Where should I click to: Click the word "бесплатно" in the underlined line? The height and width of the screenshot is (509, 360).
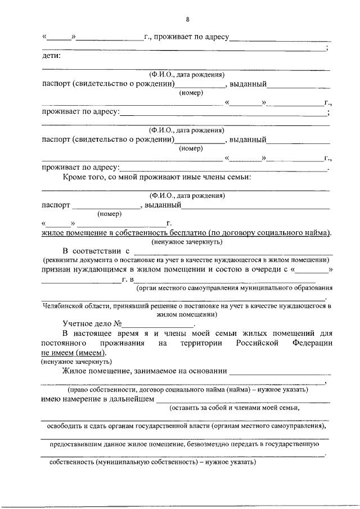[x=186, y=232]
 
